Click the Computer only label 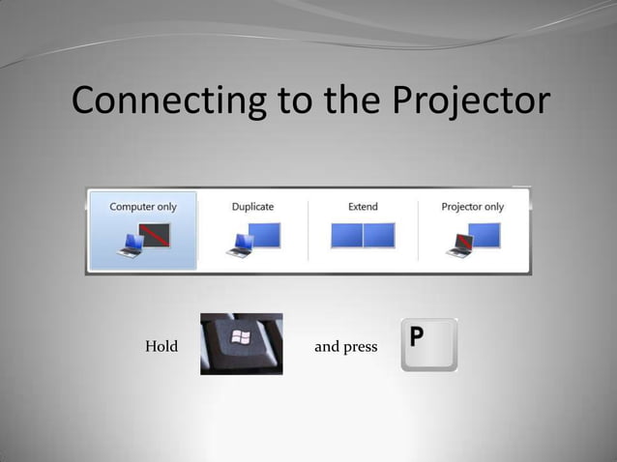point(143,207)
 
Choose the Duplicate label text point(252,207)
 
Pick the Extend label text point(363,207)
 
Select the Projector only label point(473,207)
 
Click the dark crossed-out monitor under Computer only point(154,233)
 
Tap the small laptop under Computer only point(130,247)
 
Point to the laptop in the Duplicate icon point(238,247)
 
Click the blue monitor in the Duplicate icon point(262,234)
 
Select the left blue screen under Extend point(347,236)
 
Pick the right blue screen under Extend point(379,236)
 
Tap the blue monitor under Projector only point(484,234)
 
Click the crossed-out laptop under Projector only point(457,246)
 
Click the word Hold point(162,346)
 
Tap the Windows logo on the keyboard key point(239,338)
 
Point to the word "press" point(360,347)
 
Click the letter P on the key point(418,336)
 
